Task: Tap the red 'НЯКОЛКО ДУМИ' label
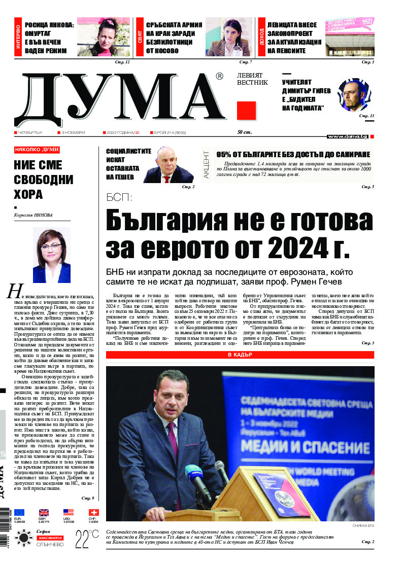click(x=37, y=150)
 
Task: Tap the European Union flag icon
click(x=19, y=512)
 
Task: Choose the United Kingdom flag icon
click(x=44, y=512)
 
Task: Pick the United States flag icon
click(x=69, y=512)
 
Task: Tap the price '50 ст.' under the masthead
click(x=245, y=132)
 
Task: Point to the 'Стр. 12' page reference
click(x=123, y=62)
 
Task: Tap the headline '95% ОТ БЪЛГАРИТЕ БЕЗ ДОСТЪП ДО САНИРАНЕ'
click(x=293, y=154)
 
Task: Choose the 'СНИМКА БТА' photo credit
click(x=363, y=526)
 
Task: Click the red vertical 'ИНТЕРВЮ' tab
click(x=18, y=38)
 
